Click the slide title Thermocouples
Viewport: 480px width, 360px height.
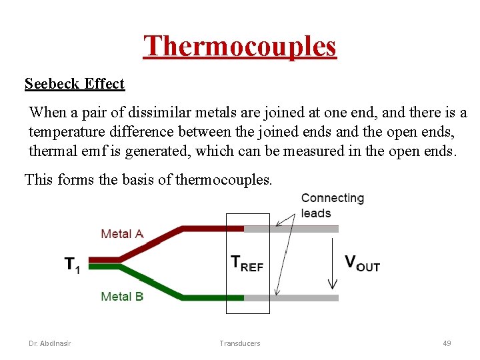coord(240,47)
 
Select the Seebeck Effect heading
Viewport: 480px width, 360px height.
coord(75,84)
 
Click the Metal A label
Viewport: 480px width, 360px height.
coord(122,234)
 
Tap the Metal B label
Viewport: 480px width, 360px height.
coord(122,296)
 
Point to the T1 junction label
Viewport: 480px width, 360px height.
coord(72,265)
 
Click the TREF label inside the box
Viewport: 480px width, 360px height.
coord(247,263)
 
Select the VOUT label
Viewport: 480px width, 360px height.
coord(362,263)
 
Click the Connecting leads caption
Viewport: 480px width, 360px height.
coord(333,205)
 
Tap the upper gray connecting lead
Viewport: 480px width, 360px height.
coord(300,229)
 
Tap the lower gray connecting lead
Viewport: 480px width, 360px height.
coord(300,297)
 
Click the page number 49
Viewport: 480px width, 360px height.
coord(447,343)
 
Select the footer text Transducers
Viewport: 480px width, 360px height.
coord(240,343)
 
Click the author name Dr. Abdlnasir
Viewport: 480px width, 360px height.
coord(50,343)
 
